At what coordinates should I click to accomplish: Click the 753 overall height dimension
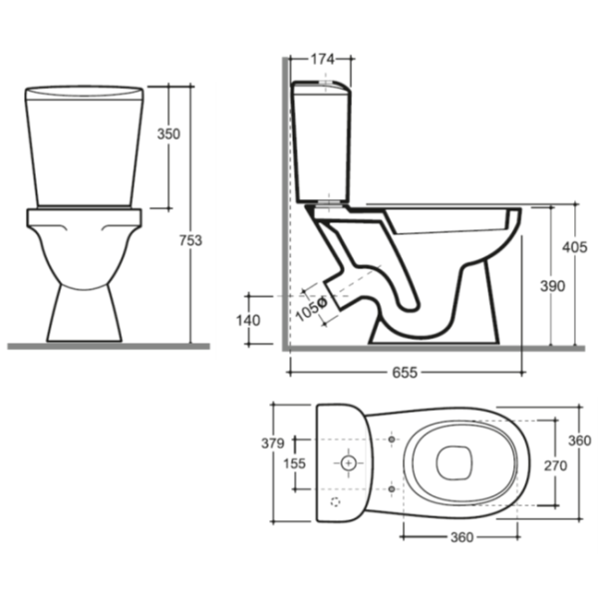click(x=190, y=240)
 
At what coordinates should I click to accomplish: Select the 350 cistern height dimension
click(x=168, y=134)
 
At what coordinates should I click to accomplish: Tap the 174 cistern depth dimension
click(x=323, y=59)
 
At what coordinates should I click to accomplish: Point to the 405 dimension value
click(x=575, y=247)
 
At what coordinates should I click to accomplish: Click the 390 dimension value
click(x=552, y=286)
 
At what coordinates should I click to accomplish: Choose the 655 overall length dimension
click(x=405, y=372)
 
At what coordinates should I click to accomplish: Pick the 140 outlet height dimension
click(x=248, y=320)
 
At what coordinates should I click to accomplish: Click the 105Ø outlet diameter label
click(x=312, y=309)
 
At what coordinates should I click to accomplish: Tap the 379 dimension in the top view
click(x=273, y=444)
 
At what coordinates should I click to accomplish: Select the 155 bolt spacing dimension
click(x=294, y=463)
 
